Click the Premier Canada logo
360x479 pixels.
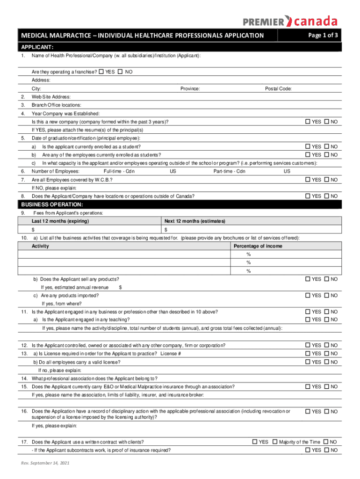[x=290, y=21]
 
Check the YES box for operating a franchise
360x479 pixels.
[x=101, y=72]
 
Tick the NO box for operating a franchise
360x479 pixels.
[x=120, y=72]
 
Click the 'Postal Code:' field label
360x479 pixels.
[x=278, y=88]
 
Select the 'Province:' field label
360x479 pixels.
[x=190, y=88]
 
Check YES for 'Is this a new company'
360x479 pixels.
[x=308, y=122]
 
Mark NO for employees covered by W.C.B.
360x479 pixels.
[x=327, y=180]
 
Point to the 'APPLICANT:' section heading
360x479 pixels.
[x=37, y=47]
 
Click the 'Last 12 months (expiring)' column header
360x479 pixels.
[x=60, y=221]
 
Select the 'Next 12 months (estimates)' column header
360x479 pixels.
[x=195, y=221]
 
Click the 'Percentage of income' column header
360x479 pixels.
[x=258, y=246]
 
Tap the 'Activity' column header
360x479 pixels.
[x=40, y=246]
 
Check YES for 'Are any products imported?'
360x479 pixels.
[x=308, y=295]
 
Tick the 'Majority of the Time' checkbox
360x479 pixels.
[x=275, y=442]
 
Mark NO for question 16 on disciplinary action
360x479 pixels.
[x=327, y=412]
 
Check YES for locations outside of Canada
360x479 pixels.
[x=308, y=196]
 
